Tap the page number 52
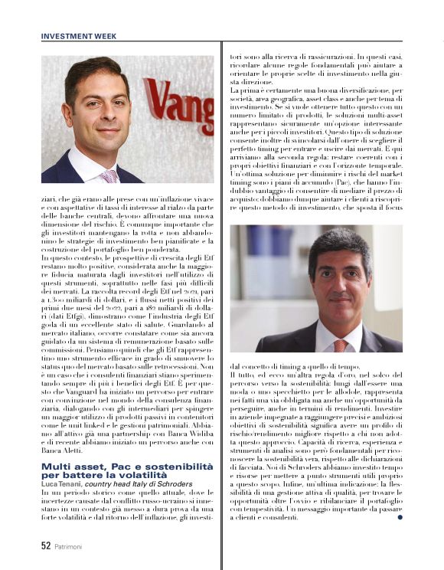coord(46,546)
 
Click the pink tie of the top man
coord(109,175)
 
